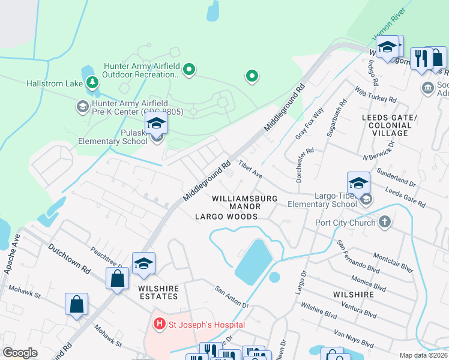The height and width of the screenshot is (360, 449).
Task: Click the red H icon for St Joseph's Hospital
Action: (160, 325)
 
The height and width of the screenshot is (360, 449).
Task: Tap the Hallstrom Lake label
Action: (53, 83)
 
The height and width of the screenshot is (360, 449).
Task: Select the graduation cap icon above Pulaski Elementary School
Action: (156, 124)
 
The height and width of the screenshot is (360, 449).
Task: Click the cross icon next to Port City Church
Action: (385, 223)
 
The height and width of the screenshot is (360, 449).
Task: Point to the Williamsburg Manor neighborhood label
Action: (244, 202)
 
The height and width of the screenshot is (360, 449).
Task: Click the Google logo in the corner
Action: (20, 352)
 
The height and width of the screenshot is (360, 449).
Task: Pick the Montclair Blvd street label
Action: (393, 262)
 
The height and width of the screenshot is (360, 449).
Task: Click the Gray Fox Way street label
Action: (309, 123)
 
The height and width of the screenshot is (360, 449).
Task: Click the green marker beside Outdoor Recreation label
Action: (189, 70)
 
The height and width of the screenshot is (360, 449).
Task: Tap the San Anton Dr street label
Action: (232, 297)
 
